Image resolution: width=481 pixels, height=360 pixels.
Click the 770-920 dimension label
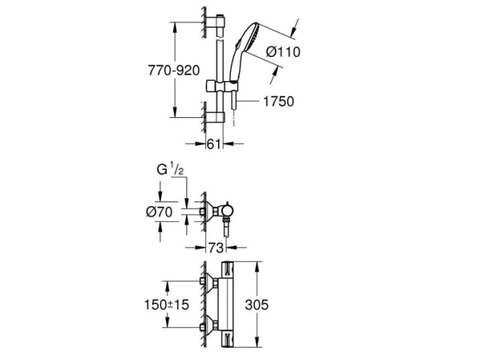(x=174, y=71)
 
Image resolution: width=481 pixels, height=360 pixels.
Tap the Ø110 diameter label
(x=283, y=51)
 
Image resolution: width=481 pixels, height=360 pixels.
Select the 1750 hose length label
(x=278, y=101)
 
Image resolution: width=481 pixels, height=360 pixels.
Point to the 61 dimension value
(x=214, y=144)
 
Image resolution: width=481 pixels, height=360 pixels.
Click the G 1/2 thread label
(x=170, y=169)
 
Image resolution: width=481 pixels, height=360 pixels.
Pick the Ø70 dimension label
(x=160, y=212)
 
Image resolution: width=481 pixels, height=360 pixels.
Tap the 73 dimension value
(x=216, y=248)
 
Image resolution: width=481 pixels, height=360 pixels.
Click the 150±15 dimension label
(x=167, y=305)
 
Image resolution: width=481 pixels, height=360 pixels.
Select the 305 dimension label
(x=257, y=305)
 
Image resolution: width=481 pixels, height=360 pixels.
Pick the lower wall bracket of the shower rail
(x=215, y=117)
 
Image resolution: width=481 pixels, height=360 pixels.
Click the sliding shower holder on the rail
(x=221, y=87)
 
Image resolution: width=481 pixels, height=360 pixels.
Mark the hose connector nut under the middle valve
(x=227, y=220)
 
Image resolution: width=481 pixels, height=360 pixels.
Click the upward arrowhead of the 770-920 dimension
(x=175, y=28)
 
